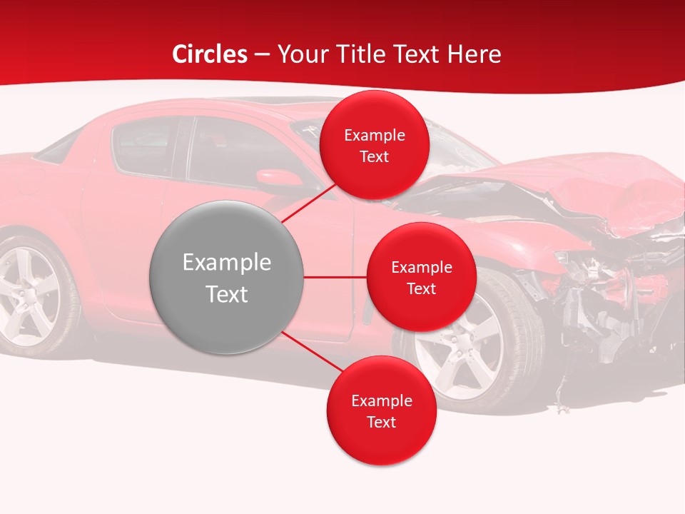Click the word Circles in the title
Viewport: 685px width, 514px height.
(210, 54)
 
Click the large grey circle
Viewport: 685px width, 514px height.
(226, 277)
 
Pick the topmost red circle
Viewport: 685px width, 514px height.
(374, 145)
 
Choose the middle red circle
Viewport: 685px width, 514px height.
(421, 277)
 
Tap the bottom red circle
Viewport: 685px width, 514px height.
(381, 410)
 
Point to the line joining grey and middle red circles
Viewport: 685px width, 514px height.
(335, 277)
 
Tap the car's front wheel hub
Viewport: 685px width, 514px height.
(457, 343)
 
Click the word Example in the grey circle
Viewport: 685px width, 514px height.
(226, 263)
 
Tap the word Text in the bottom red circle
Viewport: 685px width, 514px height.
(381, 422)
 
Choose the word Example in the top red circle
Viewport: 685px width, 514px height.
(374, 135)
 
